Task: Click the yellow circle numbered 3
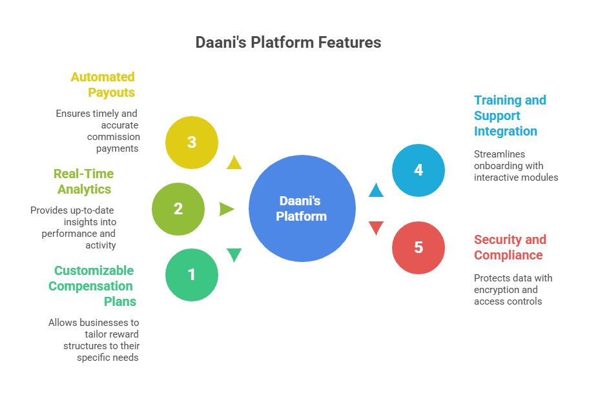tap(192, 142)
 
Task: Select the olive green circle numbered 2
tap(178, 208)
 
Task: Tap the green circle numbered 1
tap(192, 276)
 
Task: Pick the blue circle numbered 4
tap(418, 170)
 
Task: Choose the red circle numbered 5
tap(418, 247)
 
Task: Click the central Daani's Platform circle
tap(302, 208)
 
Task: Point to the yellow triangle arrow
tap(234, 162)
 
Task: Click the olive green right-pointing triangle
tap(226, 208)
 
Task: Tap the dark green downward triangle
tap(234, 255)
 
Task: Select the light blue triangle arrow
tap(376, 190)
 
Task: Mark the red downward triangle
tap(376, 228)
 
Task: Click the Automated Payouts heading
tap(103, 85)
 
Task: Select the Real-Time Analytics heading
tap(83, 181)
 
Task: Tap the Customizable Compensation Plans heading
tap(92, 286)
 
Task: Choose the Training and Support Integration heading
tap(510, 116)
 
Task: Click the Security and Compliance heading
tap(510, 247)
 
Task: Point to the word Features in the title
tap(350, 43)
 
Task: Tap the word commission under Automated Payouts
tap(114, 137)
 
